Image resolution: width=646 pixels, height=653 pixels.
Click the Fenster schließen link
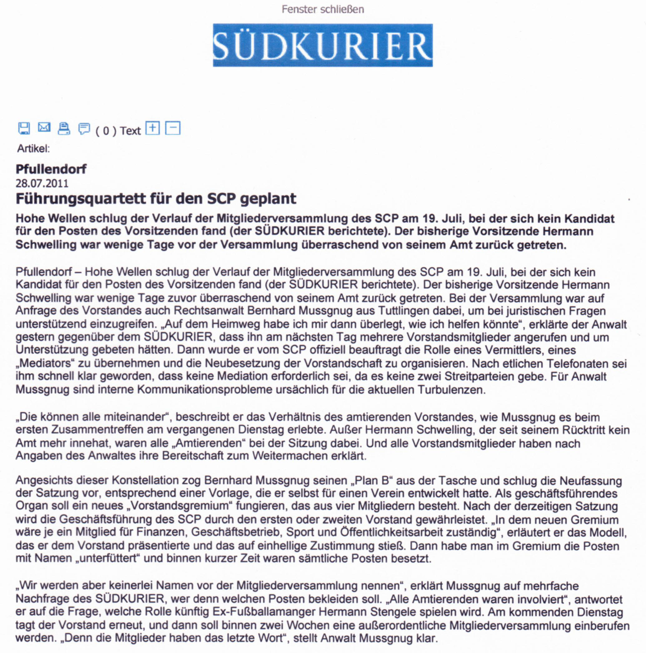(323, 9)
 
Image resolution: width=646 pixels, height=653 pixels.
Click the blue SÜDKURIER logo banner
(323, 45)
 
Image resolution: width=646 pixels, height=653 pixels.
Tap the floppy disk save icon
(24, 128)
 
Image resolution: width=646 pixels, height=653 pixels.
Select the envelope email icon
(44, 127)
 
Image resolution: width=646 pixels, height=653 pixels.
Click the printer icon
(64, 128)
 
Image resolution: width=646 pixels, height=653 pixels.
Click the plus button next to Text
(152, 128)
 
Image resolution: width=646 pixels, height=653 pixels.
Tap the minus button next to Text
(172, 128)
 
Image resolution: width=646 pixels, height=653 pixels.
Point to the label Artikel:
(33, 149)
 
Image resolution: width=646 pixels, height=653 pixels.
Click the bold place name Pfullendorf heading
(51, 169)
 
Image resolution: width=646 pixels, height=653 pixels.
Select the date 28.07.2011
(42, 184)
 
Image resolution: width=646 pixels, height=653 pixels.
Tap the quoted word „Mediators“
(45, 363)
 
